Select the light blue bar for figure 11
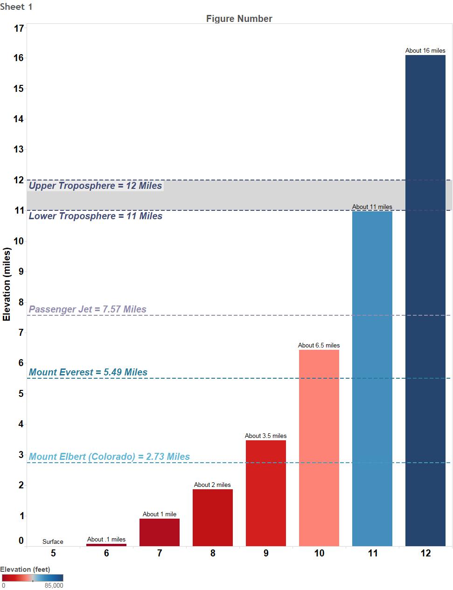[x=372, y=378]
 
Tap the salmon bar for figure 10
[x=319, y=447]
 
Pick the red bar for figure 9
[x=265, y=493]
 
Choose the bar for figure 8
[x=212, y=517]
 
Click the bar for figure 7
[x=159, y=532]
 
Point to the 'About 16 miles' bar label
[x=425, y=50]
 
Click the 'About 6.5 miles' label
[x=319, y=345]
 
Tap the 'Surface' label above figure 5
[x=53, y=541]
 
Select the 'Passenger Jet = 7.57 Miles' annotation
[x=88, y=309]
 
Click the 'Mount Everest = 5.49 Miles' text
[x=88, y=372]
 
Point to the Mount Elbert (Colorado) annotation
[x=110, y=457]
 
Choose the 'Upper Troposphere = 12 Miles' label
[x=96, y=186]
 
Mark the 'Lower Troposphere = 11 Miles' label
[x=96, y=216]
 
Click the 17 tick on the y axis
[x=19, y=28]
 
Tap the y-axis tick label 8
[x=21, y=302]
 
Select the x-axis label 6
[x=106, y=553]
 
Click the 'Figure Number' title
[x=239, y=19]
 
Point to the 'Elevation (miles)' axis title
[x=7, y=284]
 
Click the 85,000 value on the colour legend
[x=54, y=585]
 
